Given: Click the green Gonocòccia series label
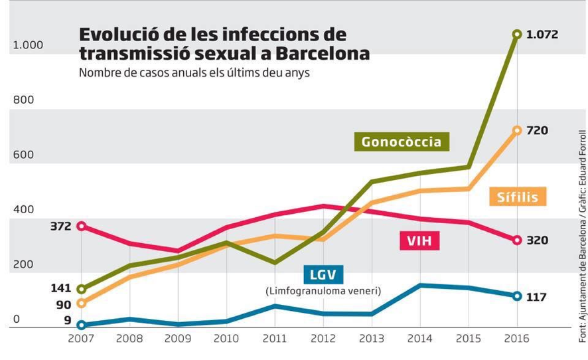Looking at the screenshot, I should click(402, 141).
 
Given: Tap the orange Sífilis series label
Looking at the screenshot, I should click(518, 197).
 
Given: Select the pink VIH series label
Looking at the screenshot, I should click(419, 240).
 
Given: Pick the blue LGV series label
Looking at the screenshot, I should click(321, 274).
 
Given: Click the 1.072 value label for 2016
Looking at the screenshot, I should click(542, 34).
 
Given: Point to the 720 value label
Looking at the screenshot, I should click(537, 130).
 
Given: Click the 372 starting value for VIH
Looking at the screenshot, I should click(60, 226).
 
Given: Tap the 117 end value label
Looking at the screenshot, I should click(536, 297).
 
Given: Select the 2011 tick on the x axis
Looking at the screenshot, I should click(275, 339).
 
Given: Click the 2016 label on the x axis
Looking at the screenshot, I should click(516, 339).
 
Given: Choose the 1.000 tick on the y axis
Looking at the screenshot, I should click(28, 45).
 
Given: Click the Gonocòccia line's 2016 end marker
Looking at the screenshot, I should click(517, 34).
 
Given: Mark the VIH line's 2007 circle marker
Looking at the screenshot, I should click(81, 226).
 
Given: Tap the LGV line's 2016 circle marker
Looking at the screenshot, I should click(517, 296).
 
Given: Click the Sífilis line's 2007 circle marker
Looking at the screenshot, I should click(81, 304).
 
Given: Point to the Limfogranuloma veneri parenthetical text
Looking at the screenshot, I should click(323, 291).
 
